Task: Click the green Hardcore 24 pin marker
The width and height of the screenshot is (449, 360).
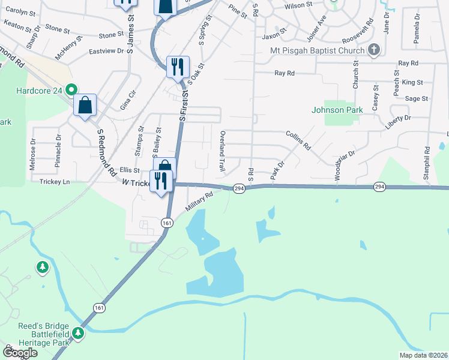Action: (x=71, y=91)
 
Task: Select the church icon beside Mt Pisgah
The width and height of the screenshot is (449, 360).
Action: (x=373, y=49)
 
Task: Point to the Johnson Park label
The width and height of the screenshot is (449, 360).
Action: (x=336, y=110)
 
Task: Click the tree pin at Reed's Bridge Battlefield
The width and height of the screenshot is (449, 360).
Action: (x=77, y=333)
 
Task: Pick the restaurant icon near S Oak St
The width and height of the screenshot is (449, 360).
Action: (x=177, y=67)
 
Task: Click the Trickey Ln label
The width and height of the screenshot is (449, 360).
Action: (x=55, y=181)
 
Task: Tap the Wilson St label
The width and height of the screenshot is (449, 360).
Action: (x=299, y=5)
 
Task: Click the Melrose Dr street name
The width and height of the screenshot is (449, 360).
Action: (x=33, y=155)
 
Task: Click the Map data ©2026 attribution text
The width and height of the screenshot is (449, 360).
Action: (x=423, y=355)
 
